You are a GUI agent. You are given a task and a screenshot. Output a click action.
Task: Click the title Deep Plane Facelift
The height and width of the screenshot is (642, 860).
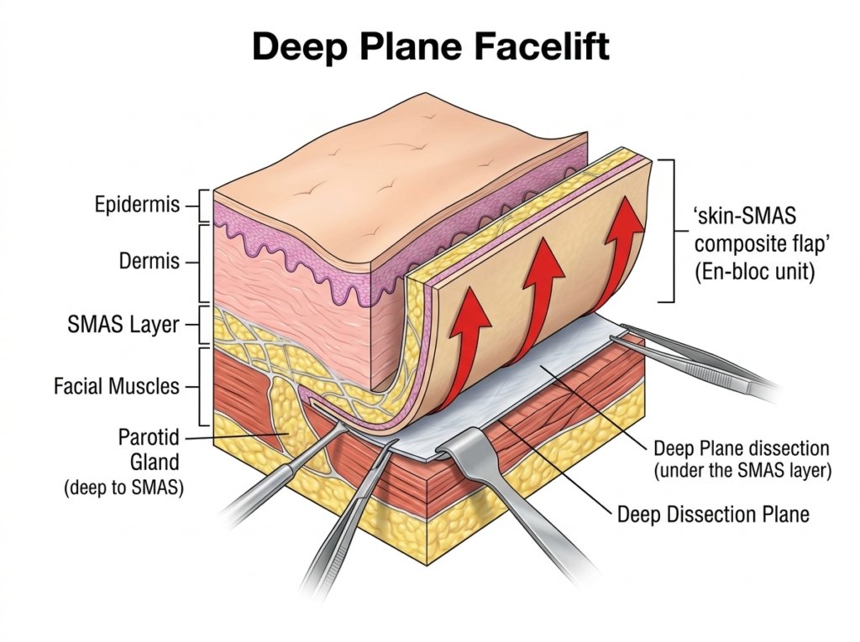point(431,46)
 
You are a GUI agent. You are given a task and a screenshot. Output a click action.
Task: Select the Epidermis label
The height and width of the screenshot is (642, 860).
point(137,205)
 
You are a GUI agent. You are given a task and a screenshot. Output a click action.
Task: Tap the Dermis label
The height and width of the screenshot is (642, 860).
point(149,261)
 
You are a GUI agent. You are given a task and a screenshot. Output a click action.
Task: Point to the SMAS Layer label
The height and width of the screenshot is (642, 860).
point(123,325)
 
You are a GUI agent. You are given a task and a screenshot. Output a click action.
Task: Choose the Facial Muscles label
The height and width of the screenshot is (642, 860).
point(116,387)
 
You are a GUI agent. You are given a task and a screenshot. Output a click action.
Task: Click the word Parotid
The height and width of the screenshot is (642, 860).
point(149,437)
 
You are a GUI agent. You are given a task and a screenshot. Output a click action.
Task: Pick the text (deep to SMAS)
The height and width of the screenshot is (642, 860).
point(124,488)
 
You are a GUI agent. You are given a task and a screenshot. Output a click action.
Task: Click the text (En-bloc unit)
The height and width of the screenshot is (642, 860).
point(755,272)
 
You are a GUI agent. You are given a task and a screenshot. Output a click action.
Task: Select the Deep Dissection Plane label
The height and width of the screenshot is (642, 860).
point(713,514)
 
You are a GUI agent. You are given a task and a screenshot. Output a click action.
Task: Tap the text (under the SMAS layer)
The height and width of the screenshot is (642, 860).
point(742,471)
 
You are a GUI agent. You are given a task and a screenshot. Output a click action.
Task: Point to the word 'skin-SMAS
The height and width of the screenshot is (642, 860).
point(745,216)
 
